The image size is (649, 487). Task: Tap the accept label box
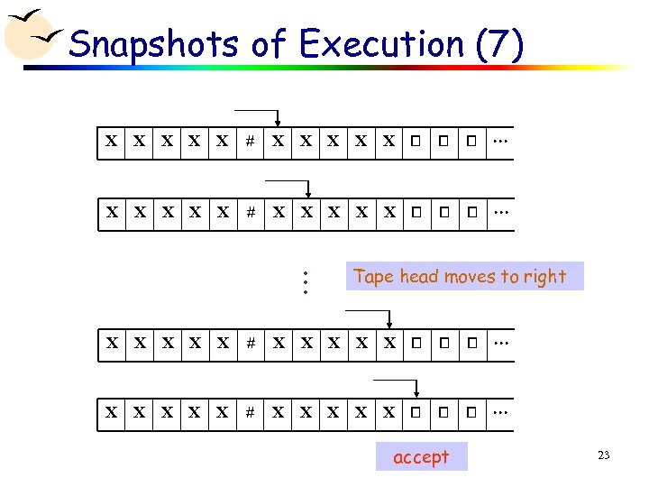coord(421,457)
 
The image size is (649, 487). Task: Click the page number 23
coord(603,455)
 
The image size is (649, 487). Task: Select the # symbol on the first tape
coord(251,142)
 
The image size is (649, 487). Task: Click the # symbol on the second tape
coord(251,213)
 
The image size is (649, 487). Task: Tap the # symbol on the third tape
coord(251,343)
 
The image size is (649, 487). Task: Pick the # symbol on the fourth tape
coord(251,412)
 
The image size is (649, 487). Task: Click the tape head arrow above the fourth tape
coord(416,389)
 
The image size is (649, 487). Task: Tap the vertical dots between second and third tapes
coord(306,282)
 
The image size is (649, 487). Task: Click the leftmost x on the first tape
coord(111,142)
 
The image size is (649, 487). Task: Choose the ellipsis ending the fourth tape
coord(500,412)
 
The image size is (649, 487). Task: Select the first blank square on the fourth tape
coord(416,412)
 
